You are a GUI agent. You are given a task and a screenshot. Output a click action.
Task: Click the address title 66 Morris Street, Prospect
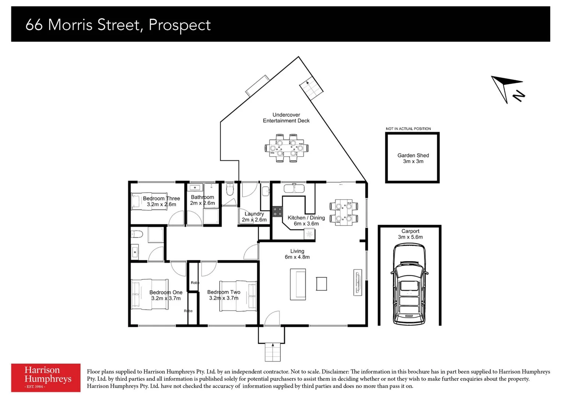(x=118, y=25)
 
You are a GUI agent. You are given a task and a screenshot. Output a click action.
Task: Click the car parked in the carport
(x=409, y=285)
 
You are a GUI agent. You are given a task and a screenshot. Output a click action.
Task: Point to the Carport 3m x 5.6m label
(x=410, y=234)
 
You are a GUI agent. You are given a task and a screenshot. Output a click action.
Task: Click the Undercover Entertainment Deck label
(x=286, y=118)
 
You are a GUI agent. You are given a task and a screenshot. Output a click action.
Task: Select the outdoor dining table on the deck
(x=286, y=148)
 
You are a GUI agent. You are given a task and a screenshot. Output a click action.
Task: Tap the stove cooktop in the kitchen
(x=277, y=211)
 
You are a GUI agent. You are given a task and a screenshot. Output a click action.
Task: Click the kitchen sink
(x=294, y=189)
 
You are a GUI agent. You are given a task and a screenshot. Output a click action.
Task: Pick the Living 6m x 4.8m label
(x=297, y=254)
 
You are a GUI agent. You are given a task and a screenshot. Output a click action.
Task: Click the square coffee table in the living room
(x=321, y=284)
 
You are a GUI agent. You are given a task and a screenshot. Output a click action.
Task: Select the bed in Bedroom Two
(x=238, y=296)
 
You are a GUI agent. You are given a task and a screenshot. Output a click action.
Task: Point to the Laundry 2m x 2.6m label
(x=254, y=217)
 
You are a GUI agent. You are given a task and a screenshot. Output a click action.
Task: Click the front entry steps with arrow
(x=273, y=352)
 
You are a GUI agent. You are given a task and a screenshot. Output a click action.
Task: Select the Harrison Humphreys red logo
(x=46, y=378)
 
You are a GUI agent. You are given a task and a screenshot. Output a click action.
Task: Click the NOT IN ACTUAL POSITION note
(x=408, y=129)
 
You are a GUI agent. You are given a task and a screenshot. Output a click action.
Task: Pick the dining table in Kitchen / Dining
(x=344, y=212)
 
